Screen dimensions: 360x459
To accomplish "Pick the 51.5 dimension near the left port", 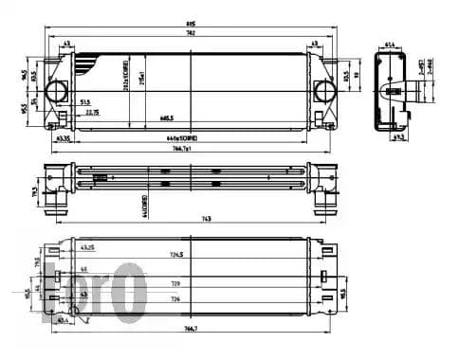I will pyautogui.click(x=85, y=101).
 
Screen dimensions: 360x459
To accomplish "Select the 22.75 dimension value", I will pyautogui.click(x=91, y=112).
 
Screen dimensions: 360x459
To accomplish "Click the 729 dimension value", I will pyautogui.click(x=175, y=283).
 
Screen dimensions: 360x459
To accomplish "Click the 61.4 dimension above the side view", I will pyautogui.click(x=390, y=44).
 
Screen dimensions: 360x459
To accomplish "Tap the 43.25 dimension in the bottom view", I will pyautogui.click(x=87, y=248).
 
